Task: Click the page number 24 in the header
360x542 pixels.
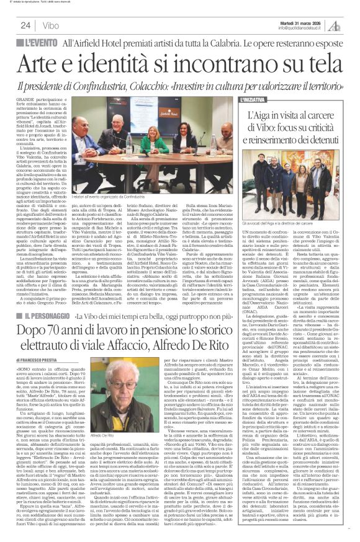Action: pyautogui.click(x=25, y=25)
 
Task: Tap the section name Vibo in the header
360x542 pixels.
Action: pyautogui.click(x=52, y=25)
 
